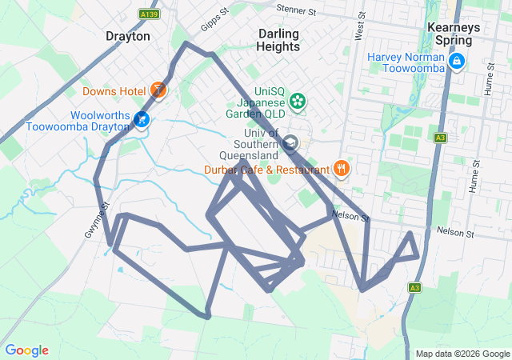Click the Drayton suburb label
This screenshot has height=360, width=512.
point(128,36)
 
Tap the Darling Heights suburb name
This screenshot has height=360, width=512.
point(278,40)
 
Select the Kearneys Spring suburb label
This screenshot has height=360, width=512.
point(453,33)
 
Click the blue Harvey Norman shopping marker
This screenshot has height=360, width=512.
point(456,62)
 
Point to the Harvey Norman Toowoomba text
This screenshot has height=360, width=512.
point(406,62)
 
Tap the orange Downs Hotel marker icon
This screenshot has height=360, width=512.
point(158,90)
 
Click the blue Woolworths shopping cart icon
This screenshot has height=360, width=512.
point(142,120)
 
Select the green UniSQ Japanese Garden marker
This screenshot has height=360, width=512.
point(298,101)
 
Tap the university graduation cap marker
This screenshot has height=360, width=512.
point(290,145)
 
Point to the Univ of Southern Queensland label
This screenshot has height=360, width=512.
point(250,144)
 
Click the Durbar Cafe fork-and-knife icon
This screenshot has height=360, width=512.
point(342,168)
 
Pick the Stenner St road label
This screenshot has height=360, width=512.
point(296,10)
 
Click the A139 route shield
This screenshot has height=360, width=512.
point(147,14)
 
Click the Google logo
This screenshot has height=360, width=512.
point(27,350)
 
